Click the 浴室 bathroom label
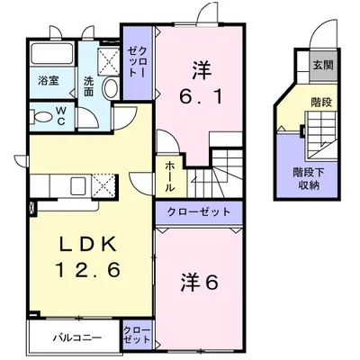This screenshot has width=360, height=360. [49, 80]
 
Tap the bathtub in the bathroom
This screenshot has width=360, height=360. [52, 53]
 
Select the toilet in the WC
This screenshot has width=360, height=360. [42, 116]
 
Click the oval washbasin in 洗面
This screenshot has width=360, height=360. [111, 87]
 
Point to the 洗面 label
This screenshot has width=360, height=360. [88, 86]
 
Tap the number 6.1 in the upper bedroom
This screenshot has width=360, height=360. [201, 96]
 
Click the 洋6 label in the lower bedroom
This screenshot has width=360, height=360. [199, 282]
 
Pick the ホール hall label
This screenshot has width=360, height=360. [169, 177]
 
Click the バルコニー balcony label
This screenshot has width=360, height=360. [77, 338]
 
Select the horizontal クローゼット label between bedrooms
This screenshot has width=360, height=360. [199, 212]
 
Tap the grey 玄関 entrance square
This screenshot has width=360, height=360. [323, 66]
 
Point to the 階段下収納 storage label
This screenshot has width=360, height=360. [309, 179]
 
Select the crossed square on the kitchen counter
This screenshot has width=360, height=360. [103, 186]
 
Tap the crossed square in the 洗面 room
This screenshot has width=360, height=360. [108, 60]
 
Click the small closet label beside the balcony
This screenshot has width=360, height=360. [137, 335]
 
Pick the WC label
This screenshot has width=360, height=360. [61, 116]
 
